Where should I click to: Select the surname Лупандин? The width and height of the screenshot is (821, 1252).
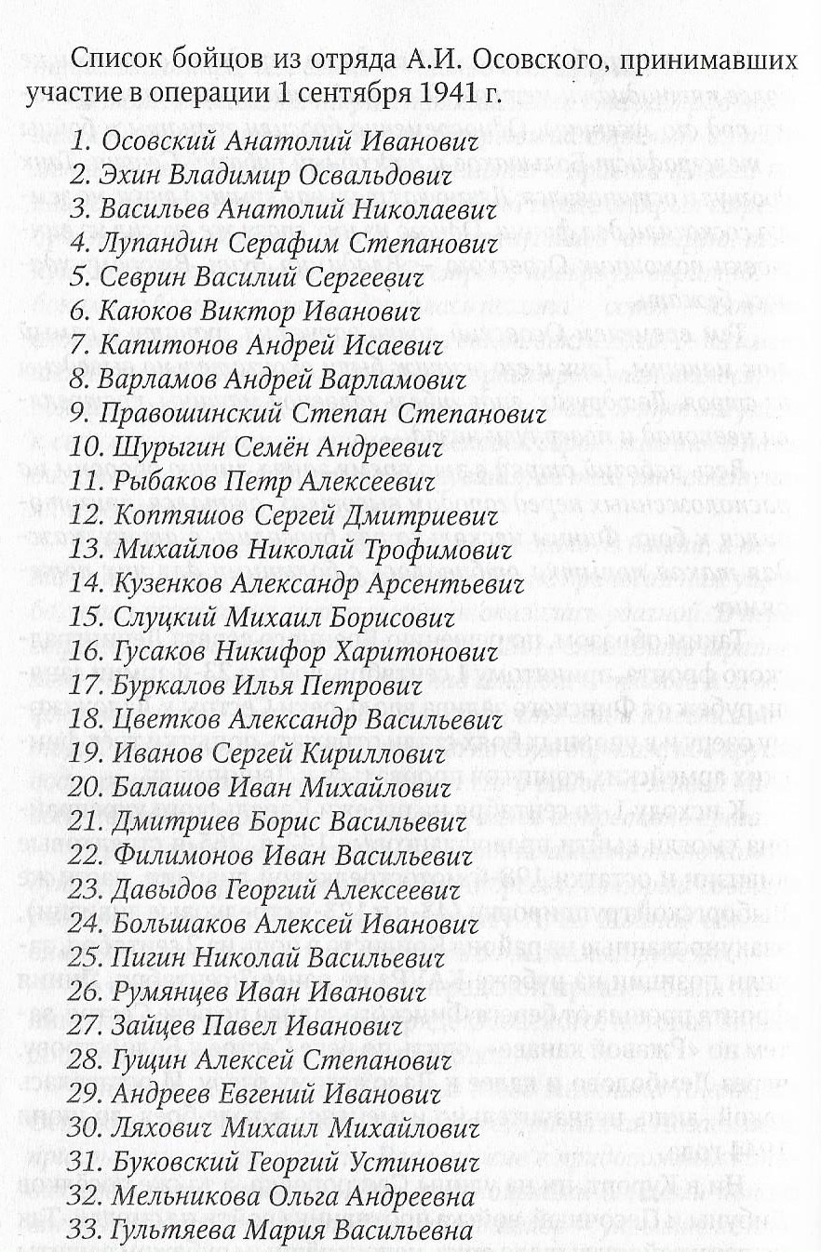click(159, 244)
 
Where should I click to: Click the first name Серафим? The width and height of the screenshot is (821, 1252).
click(284, 244)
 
